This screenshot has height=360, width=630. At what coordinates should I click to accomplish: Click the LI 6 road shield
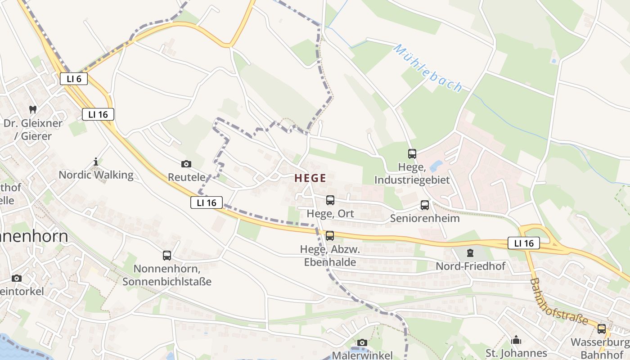coord(74,79)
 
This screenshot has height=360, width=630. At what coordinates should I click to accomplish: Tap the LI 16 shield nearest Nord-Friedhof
coord(524,243)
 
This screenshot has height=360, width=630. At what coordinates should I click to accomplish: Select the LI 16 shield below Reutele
coord(207,202)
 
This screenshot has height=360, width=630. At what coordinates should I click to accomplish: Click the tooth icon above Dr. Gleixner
coord(32,109)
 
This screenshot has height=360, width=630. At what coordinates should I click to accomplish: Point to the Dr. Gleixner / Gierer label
coord(33,130)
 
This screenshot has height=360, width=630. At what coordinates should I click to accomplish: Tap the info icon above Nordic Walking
coord(95,162)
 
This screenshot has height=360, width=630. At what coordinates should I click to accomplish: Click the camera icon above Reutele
coord(186,164)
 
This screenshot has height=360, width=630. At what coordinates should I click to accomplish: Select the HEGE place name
coord(310,178)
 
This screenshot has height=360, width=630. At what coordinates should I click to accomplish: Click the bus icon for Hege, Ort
coord(330,200)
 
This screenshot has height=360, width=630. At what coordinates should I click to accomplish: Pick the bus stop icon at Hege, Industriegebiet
coord(412,154)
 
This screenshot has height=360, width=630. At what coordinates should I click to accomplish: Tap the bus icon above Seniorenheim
coord(425,206)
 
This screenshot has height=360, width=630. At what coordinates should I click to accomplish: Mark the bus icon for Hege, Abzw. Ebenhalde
coord(330,235)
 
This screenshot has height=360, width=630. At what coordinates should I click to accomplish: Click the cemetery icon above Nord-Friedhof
coord(470,253)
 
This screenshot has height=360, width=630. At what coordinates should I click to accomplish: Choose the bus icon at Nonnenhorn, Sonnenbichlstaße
coord(167,256)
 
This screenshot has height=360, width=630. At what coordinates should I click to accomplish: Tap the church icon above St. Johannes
coord(516,340)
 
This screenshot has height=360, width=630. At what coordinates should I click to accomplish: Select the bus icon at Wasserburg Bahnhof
coord(602,329)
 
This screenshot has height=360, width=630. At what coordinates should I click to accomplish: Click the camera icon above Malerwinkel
coord(362,343)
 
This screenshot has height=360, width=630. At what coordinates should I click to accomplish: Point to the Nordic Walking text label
coord(96,175)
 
